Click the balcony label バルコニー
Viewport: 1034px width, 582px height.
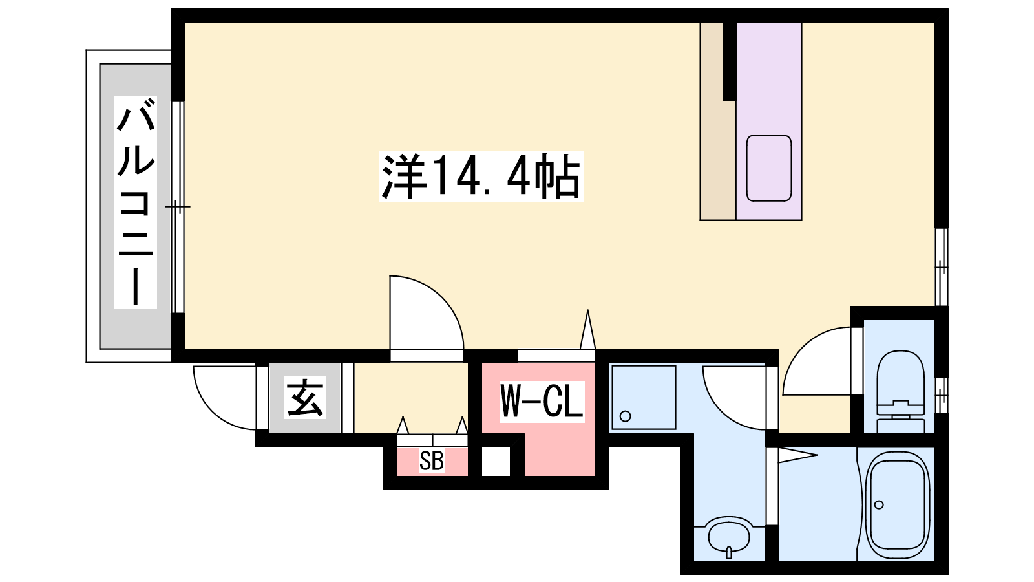point(136,203)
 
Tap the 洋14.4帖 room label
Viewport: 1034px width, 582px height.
point(481,176)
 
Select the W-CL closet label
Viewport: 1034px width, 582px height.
point(542,402)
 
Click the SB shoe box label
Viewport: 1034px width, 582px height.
point(432,460)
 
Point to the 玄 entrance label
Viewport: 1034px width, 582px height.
point(304,398)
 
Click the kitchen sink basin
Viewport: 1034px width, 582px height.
point(769,168)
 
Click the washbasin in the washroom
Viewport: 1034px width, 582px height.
point(729,539)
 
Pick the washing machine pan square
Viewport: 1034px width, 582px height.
point(644,398)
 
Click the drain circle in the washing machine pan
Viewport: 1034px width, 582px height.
point(626,416)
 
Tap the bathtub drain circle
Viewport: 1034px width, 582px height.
point(879,505)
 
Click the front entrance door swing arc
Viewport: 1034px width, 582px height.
point(225,398)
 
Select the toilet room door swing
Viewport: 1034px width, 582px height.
point(817,361)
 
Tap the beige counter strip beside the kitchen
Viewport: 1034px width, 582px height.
point(717,121)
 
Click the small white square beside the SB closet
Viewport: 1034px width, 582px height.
point(496,461)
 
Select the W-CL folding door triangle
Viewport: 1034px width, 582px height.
point(587,329)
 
